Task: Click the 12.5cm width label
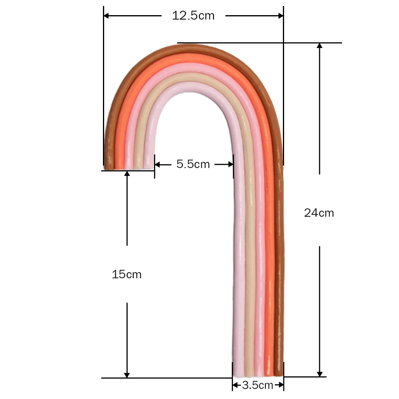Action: (x=193, y=16)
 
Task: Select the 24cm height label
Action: (x=319, y=213)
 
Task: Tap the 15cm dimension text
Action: (x=126, y=275)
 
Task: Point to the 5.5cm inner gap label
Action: (x=193, y=164)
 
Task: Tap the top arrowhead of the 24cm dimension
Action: (x=319, y=46)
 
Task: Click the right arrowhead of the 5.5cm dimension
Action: (x=230, y=164)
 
